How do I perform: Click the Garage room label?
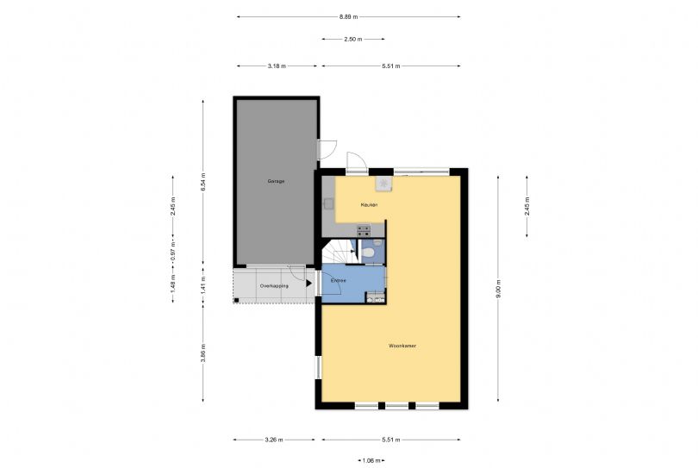pos(276,181)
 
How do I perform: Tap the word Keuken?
pos(370,204)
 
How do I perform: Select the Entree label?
pos(339,281)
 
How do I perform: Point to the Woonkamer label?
pos(402,346)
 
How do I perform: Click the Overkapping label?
pos(275,285)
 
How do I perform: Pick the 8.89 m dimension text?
pos(348,16)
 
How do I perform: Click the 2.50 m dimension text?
pos(353,39)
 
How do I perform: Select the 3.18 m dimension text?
pos(277,66)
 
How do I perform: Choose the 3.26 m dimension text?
pos(277,440)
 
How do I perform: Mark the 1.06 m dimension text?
pos(371,461)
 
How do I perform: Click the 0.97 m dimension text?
pos(172,256)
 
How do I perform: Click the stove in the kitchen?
pos(364,230)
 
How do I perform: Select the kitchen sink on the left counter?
pos(327,204)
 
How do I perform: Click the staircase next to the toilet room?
pos(338,253)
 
